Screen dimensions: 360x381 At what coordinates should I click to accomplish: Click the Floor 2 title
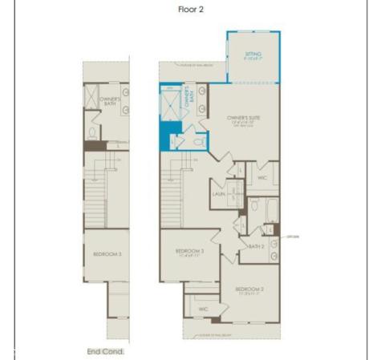pyautogui.click(x=191, y=10)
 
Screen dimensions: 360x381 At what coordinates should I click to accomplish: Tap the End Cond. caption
pyautogui.click(x=105, y=351)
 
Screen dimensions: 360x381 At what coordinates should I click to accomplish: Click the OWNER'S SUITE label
pyautogui.click(x=244, y=118)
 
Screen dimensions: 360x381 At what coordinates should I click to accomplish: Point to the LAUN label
pyautogui.click(x=217, y=194)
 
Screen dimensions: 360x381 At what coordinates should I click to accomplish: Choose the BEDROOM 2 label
pyautogui.click(x=249, y=289)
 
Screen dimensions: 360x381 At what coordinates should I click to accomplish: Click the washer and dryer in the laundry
pyautogui.click(x=235, y=194)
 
